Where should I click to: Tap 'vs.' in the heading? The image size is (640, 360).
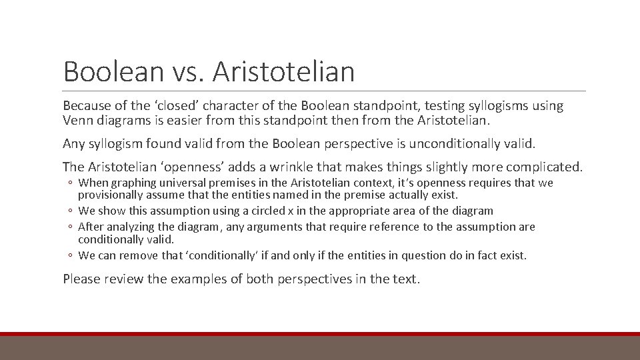183,71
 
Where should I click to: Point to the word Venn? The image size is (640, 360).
78,121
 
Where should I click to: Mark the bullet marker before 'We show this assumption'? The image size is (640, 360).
70,211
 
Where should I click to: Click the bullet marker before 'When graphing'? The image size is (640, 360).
70,183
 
